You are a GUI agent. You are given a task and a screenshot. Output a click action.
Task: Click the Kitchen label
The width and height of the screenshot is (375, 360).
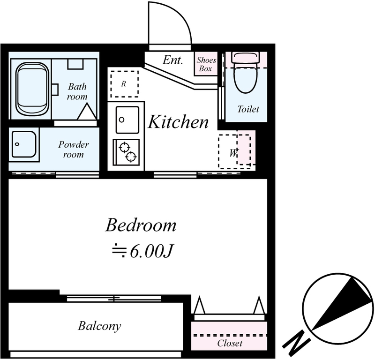click(x=178, y=122)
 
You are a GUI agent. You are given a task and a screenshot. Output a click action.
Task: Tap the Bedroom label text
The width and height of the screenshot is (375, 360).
click(x=141, y=225)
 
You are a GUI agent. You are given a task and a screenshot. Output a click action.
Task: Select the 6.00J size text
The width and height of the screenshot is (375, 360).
click(x=151, y=251)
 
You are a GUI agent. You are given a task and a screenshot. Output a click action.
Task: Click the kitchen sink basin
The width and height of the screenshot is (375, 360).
click(x=127, y=120)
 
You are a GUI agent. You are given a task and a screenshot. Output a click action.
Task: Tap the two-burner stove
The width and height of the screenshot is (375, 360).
click(x=126, y=152)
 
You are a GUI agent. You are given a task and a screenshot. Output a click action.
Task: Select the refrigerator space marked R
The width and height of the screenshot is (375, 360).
click(x=124, y=84)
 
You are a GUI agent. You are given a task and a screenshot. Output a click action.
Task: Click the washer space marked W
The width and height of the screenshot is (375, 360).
click(x=234, y=151)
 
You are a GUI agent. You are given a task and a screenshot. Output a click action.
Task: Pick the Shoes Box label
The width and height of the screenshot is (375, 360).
click(x=206, y=64)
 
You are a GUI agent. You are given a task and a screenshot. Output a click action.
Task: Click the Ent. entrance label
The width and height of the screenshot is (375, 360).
click(x=172, y=60)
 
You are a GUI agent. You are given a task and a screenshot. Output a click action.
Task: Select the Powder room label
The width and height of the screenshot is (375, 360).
click(x=74, y=149)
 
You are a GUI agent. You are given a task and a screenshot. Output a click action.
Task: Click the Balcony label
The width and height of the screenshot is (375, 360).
click(x=99, y=326)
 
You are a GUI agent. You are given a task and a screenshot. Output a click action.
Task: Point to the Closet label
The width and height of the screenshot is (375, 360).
click(x=230, y=343)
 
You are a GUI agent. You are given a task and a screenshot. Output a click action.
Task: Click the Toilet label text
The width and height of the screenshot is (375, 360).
click(x=248, y=109)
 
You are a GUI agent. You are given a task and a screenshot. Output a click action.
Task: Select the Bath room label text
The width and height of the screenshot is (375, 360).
click(x=77, y=91)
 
